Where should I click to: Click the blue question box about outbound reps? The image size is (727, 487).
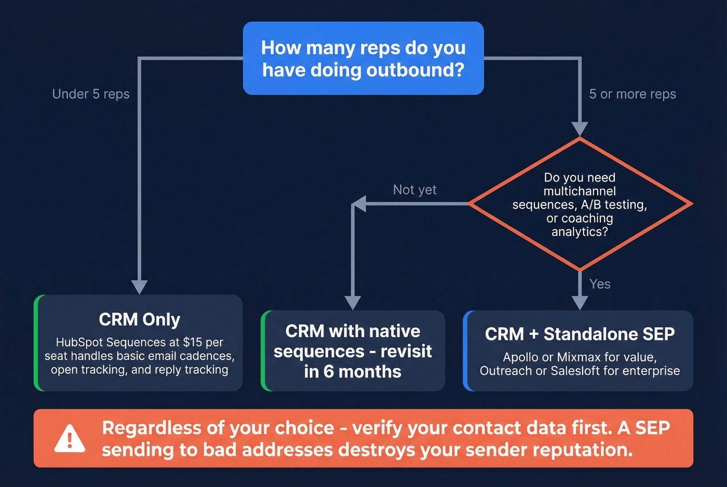point(363,58)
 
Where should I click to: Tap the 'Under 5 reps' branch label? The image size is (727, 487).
point(91,94)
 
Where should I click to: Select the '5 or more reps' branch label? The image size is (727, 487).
point(632,94)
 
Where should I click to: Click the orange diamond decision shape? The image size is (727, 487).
point(580,204)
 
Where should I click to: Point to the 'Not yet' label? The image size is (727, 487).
point(414,190)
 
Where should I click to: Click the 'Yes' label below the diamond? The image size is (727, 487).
point(600,284)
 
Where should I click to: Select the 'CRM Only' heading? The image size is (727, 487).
point(139,319)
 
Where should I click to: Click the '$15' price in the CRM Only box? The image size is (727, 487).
point(192,342)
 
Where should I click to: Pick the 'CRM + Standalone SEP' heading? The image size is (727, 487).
point(580,334)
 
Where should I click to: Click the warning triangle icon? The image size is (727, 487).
point(70,439)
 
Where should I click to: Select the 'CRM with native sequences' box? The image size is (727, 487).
point(353,351)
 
